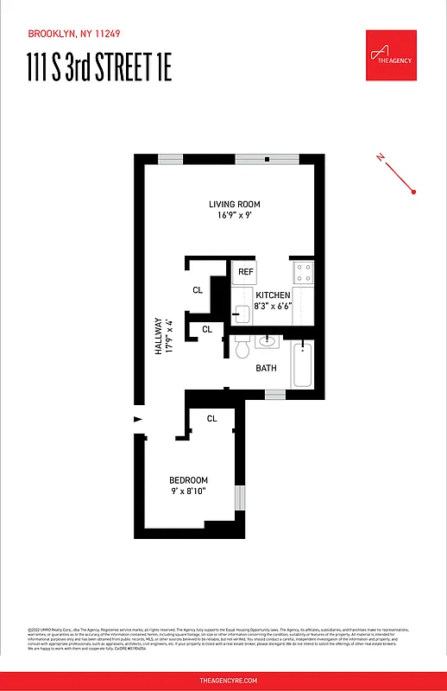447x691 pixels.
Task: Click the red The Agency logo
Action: click(391, 55)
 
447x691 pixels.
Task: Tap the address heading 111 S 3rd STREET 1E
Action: click(99, 68)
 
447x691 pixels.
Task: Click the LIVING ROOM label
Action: click(234, 205)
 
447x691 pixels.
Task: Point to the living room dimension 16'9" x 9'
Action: click(234, 216)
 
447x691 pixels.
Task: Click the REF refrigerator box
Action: click(246, 272)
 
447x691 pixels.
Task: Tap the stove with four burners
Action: click(303, 273)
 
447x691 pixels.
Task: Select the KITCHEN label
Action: click(273, 295)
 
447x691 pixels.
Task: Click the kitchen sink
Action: click(241, 312)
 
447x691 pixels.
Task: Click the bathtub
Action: click(302, 365)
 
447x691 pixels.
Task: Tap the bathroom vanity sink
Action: click(268, 339)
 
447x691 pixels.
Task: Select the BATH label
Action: click(266, 369)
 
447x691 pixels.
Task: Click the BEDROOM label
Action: click(188, 480)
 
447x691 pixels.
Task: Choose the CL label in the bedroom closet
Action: click(212, 419)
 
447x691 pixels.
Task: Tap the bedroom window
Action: click(241, 499)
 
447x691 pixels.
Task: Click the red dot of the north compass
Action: click(415, 192)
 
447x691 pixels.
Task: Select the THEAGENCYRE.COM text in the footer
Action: click(223, 681)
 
